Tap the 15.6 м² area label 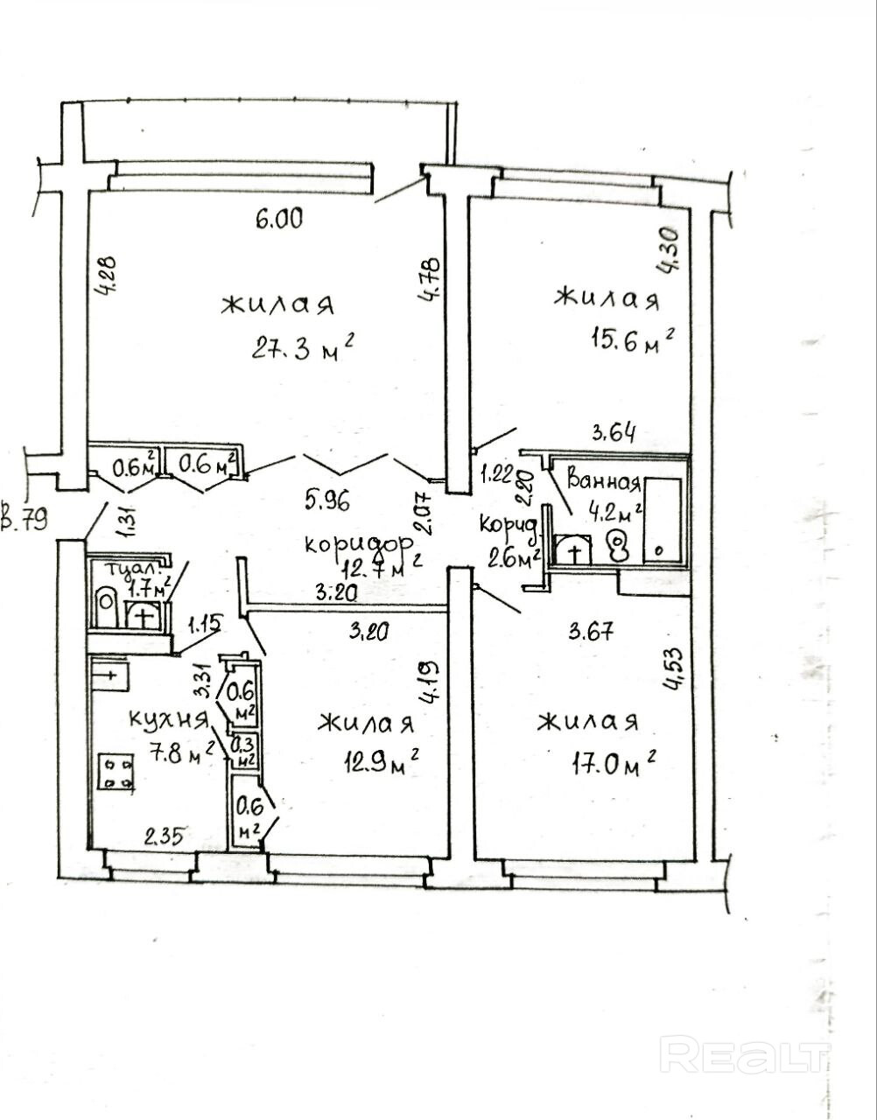(x=633, y=339)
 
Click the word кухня (x=167, y=718)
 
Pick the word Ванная (x=604, y=481)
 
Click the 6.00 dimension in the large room (x=279, y=219)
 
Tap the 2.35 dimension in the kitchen (x=165, y=836)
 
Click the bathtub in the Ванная (x=663, y=522)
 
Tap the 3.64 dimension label (x=614, y=433)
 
